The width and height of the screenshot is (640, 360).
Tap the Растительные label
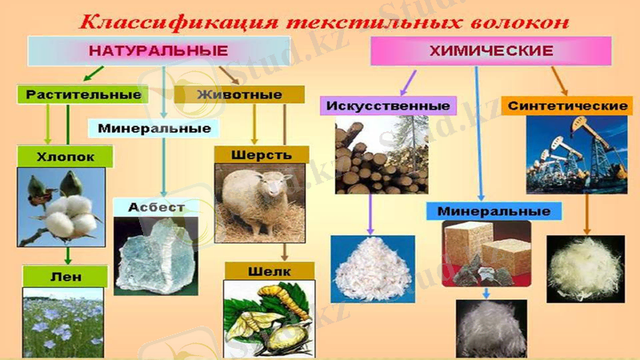click(x=83, y=94)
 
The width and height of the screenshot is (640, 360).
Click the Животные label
click(x=250, y=94)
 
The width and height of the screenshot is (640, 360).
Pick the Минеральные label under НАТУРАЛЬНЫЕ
click(x=155, y=128)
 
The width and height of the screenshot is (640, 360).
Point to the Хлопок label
click(x=66, y=157)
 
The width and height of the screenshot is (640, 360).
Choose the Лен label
click(x=66, y=277)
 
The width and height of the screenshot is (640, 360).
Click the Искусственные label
click(x=386, y=105)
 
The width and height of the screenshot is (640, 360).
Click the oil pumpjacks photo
click(x=576, y=153)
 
